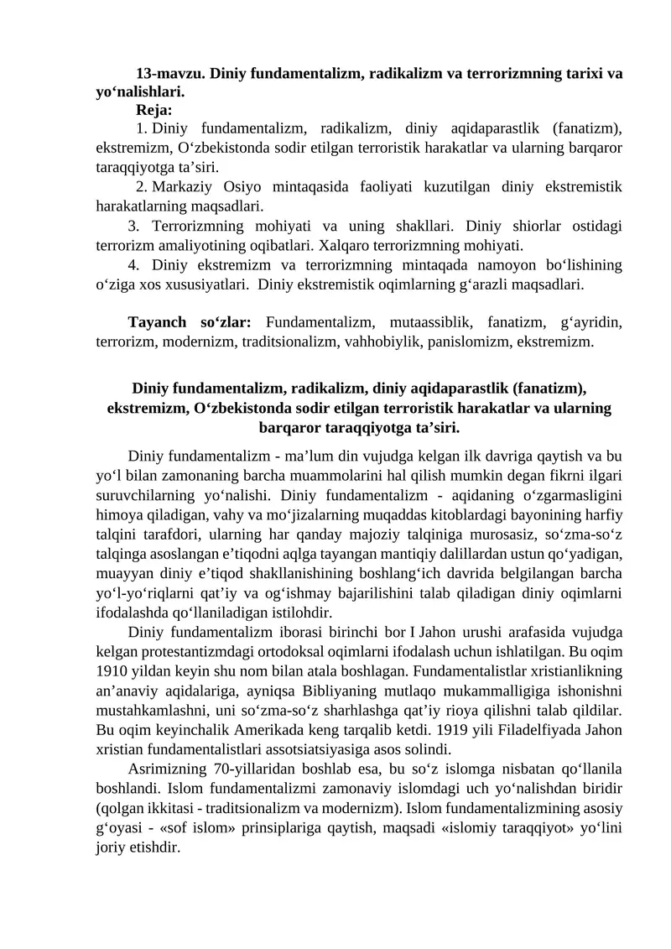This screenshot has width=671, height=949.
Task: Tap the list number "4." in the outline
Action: pos(136,266)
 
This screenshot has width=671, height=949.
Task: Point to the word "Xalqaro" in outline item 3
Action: pos(346,245)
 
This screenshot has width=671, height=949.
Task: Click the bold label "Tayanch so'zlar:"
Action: pos(190,323)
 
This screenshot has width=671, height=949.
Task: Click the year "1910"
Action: pos(112,670)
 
